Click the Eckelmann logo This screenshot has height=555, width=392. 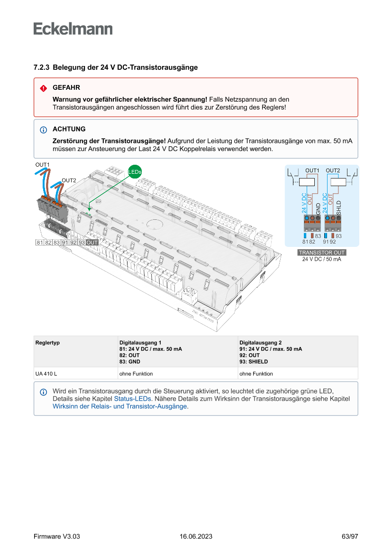(73, 28)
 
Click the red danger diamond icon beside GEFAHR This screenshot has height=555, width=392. (43, 88)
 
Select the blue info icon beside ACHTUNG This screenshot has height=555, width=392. (43, 130)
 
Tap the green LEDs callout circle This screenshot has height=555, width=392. (135, 171)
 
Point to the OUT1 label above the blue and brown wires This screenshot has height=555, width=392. (42, 164)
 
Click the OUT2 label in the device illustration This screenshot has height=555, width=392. (69, 180)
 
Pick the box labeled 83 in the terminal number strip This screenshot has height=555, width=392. (56, 243)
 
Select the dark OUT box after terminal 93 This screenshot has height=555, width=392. (92, 243)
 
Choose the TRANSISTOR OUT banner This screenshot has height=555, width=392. (321, 253)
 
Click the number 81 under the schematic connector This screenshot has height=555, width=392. (305, 242)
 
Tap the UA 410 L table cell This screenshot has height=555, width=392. (46, 374)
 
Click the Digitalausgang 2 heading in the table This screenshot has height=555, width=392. (260, 342)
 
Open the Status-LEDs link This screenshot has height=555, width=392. (133, 399)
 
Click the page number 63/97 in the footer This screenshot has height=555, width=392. (349, 536)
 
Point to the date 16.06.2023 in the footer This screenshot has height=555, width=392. (196, 536)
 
